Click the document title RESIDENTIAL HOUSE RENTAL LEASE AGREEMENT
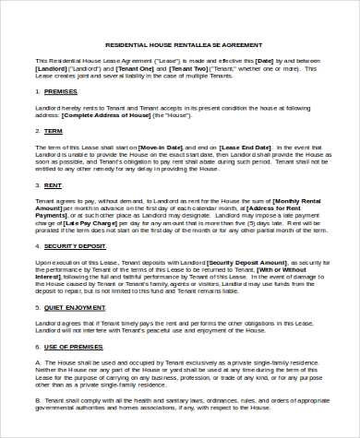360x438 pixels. (x=184, y=44)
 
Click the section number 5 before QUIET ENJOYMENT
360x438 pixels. (x=40, y=307)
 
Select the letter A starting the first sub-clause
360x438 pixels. (x=39, y=362)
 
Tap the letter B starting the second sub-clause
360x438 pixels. (x=39, y=402)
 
